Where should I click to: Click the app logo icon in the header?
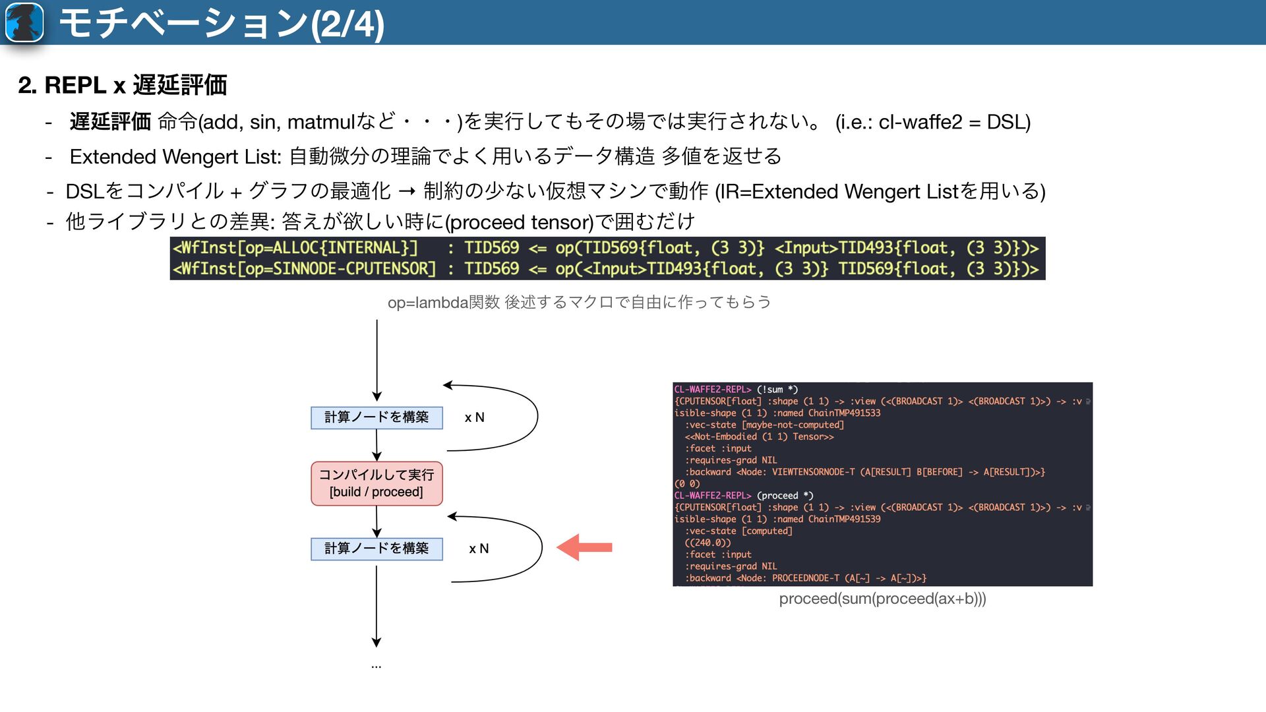pos(24,22)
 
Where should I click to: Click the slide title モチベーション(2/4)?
pos(222,24)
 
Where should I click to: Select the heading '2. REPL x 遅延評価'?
pos(123,85)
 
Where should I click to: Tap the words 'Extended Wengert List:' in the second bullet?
pos(175,157)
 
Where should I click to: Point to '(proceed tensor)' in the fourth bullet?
pos(520,222)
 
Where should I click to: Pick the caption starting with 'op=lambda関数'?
pos(579,303)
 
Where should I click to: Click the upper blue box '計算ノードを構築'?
pos(377,417)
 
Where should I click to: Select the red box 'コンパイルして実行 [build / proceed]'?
pos(377,483)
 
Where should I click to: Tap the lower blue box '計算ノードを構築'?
pos(377,549)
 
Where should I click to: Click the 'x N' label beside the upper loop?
pos(474,417)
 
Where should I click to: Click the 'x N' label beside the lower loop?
pos(479,549)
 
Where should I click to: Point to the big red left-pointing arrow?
pos(584,547)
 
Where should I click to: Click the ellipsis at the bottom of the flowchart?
pos(376,666)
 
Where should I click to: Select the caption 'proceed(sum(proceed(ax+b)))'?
pos(882,599)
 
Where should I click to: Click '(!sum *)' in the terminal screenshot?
pos(777,390)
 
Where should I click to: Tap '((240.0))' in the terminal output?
pos(708,543)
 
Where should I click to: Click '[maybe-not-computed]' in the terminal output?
pos(793,425)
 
